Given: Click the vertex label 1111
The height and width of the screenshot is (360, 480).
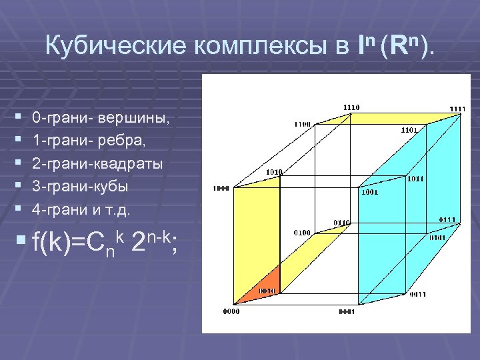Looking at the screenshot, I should click(457, 109).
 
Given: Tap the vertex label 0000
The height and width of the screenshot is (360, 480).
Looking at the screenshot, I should click(231, 311).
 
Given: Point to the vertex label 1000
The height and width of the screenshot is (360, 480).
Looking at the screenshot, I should click(221, 188).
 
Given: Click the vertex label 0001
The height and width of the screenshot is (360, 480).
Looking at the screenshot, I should click(346, 311).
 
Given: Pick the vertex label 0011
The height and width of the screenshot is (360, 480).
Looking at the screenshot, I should click(419, 294).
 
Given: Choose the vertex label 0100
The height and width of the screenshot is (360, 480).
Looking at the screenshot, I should click(302, 233).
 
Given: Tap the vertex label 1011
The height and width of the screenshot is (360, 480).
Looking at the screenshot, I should click(416, 179).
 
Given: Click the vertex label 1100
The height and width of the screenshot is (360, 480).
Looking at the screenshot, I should click(303, 123).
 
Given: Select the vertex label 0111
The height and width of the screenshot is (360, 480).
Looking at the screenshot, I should click(447, 219).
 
